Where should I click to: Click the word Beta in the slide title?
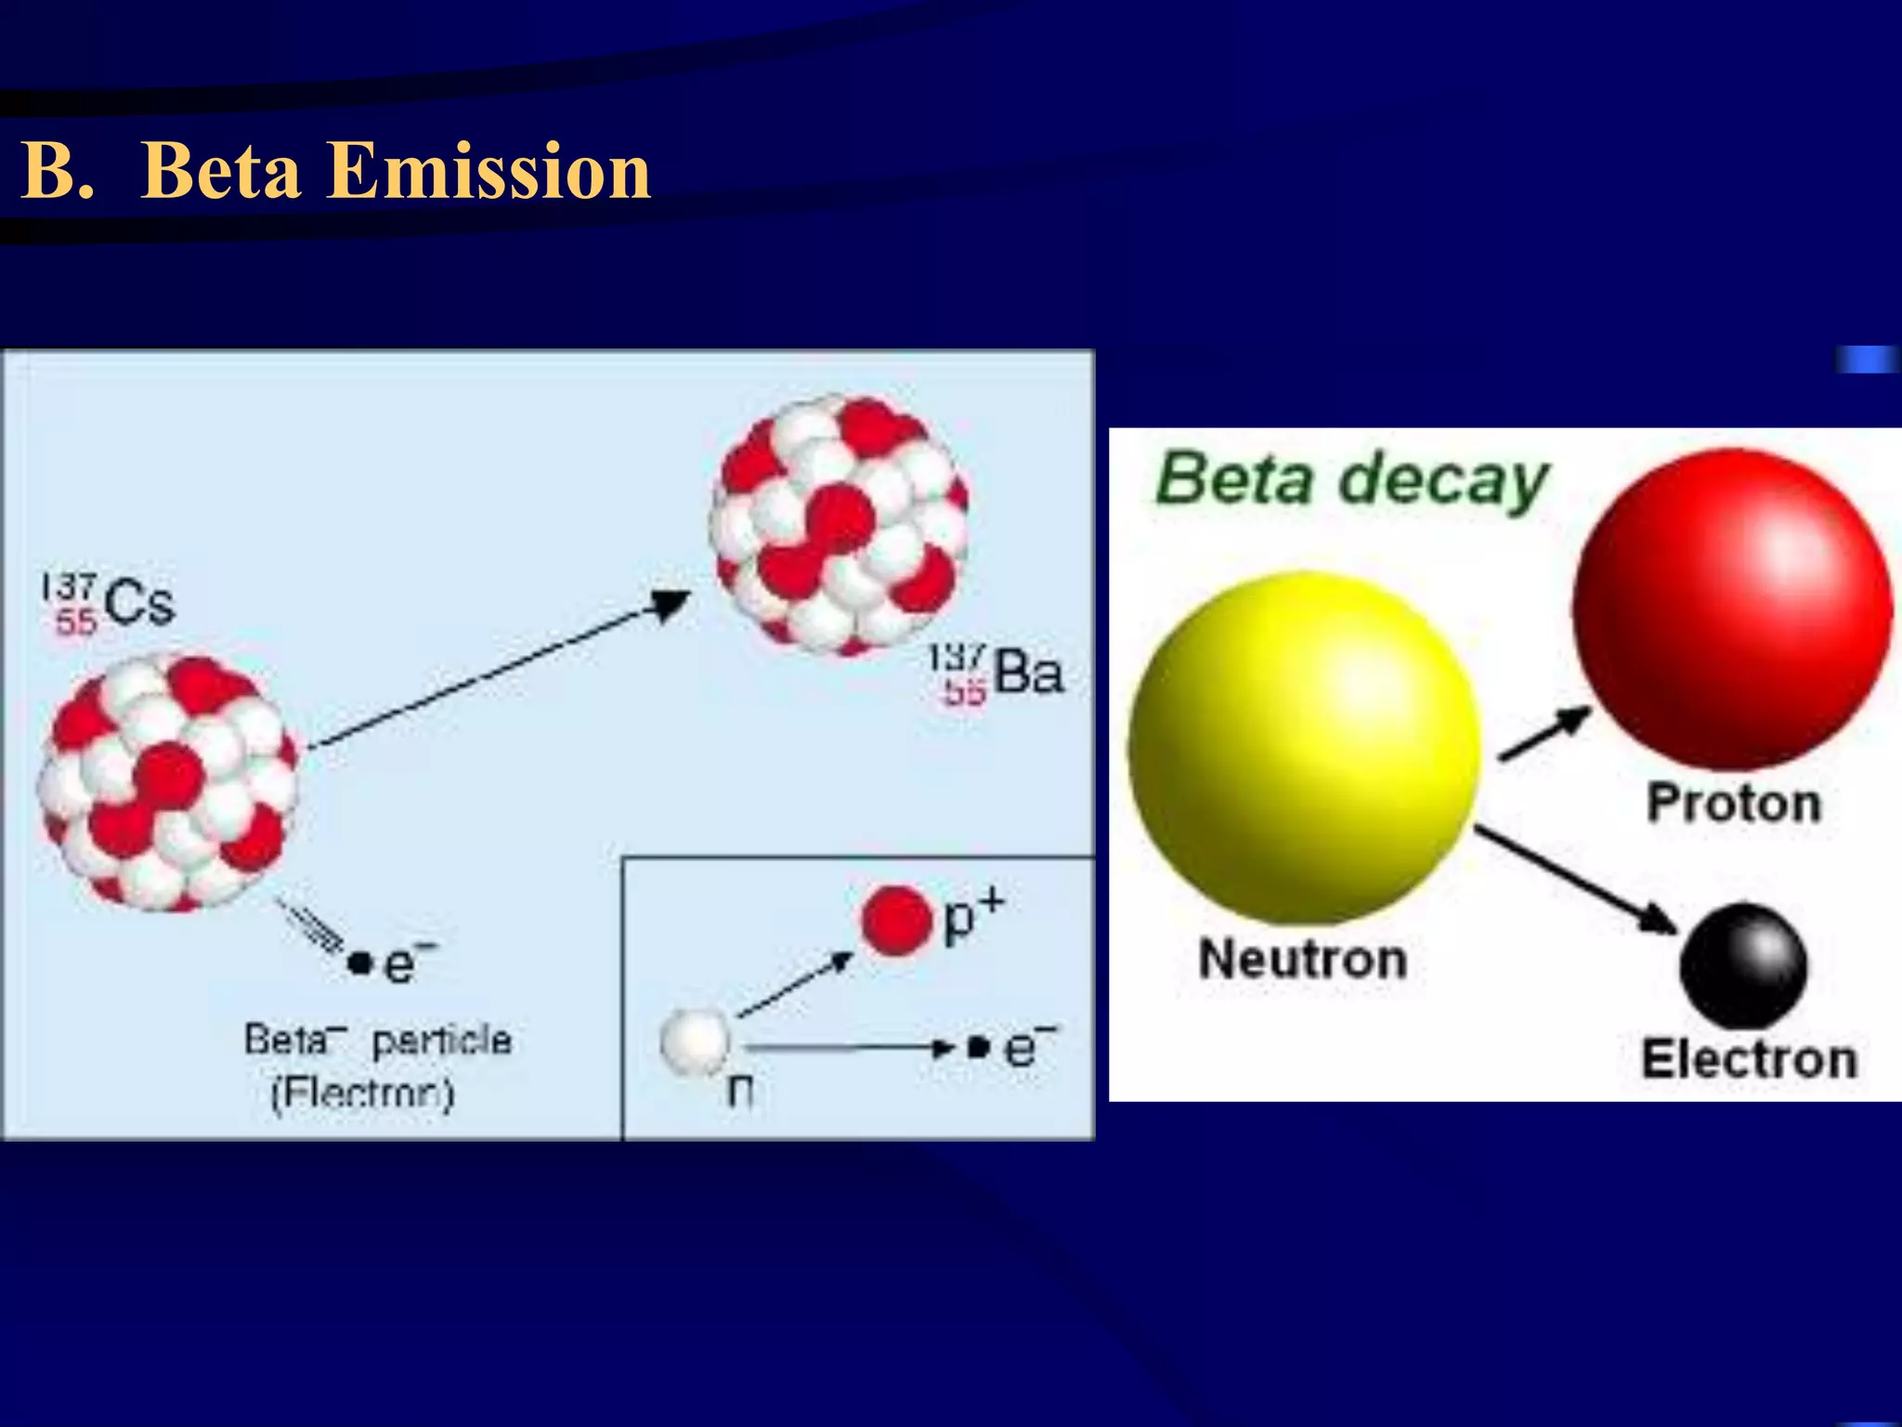(221, 172)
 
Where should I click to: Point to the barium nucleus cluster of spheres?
(840, 525)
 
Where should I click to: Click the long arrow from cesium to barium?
(502, 669)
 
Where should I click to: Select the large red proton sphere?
(1733, 609)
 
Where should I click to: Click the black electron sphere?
(1743, 964)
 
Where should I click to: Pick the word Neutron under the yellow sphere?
(1303, 959)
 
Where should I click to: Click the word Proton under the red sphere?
(1733, 803)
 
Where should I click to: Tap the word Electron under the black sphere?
(1749, 1060)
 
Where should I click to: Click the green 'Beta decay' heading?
(1351, 480)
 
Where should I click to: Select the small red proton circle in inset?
(895, 921)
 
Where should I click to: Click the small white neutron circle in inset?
(695, 1041)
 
